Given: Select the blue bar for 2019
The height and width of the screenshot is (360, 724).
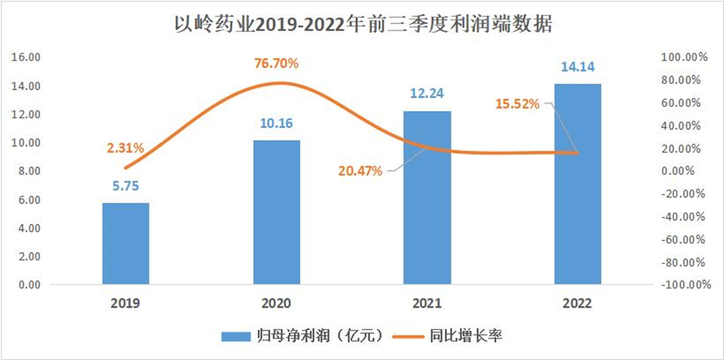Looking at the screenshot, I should (125, 244).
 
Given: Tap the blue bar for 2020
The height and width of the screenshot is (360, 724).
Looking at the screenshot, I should (277, 212).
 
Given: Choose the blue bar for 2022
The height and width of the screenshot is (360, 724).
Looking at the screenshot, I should (578, 185).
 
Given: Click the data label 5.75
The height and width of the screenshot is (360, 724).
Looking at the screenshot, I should (125, 185).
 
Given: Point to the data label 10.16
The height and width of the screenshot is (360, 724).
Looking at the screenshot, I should (277, 122).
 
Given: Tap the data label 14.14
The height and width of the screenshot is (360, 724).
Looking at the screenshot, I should (578, 65).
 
